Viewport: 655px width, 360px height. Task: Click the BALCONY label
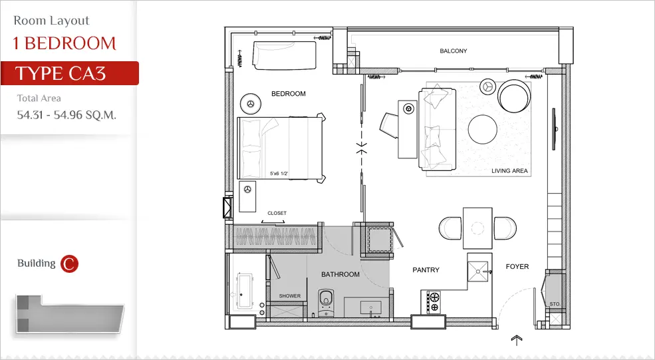coord(454,51)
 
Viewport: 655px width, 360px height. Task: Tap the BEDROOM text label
coord(288,94)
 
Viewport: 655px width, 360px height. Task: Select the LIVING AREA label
coord(509,170)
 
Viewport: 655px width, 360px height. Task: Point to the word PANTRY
coord(426,270)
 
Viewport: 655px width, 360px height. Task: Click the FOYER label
coord(517,266)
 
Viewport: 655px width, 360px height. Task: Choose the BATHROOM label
coord(340,274)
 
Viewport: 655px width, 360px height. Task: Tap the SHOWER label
coord(289,295)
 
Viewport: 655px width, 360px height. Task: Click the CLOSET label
coord(277,213)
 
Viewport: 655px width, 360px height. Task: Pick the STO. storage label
coord(555,304)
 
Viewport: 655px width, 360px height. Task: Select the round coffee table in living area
coord(483,129)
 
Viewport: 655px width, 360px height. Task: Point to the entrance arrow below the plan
coord(517,340)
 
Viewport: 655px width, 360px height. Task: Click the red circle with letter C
coord(69,264)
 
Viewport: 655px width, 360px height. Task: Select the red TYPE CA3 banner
coord(69,73)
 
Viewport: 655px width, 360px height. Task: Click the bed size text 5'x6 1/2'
coord(279,173)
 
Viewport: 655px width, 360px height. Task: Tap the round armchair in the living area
coord(514,96)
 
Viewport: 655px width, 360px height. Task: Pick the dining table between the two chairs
coord(477,228)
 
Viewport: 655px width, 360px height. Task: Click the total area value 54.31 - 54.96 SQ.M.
coord(66,115)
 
